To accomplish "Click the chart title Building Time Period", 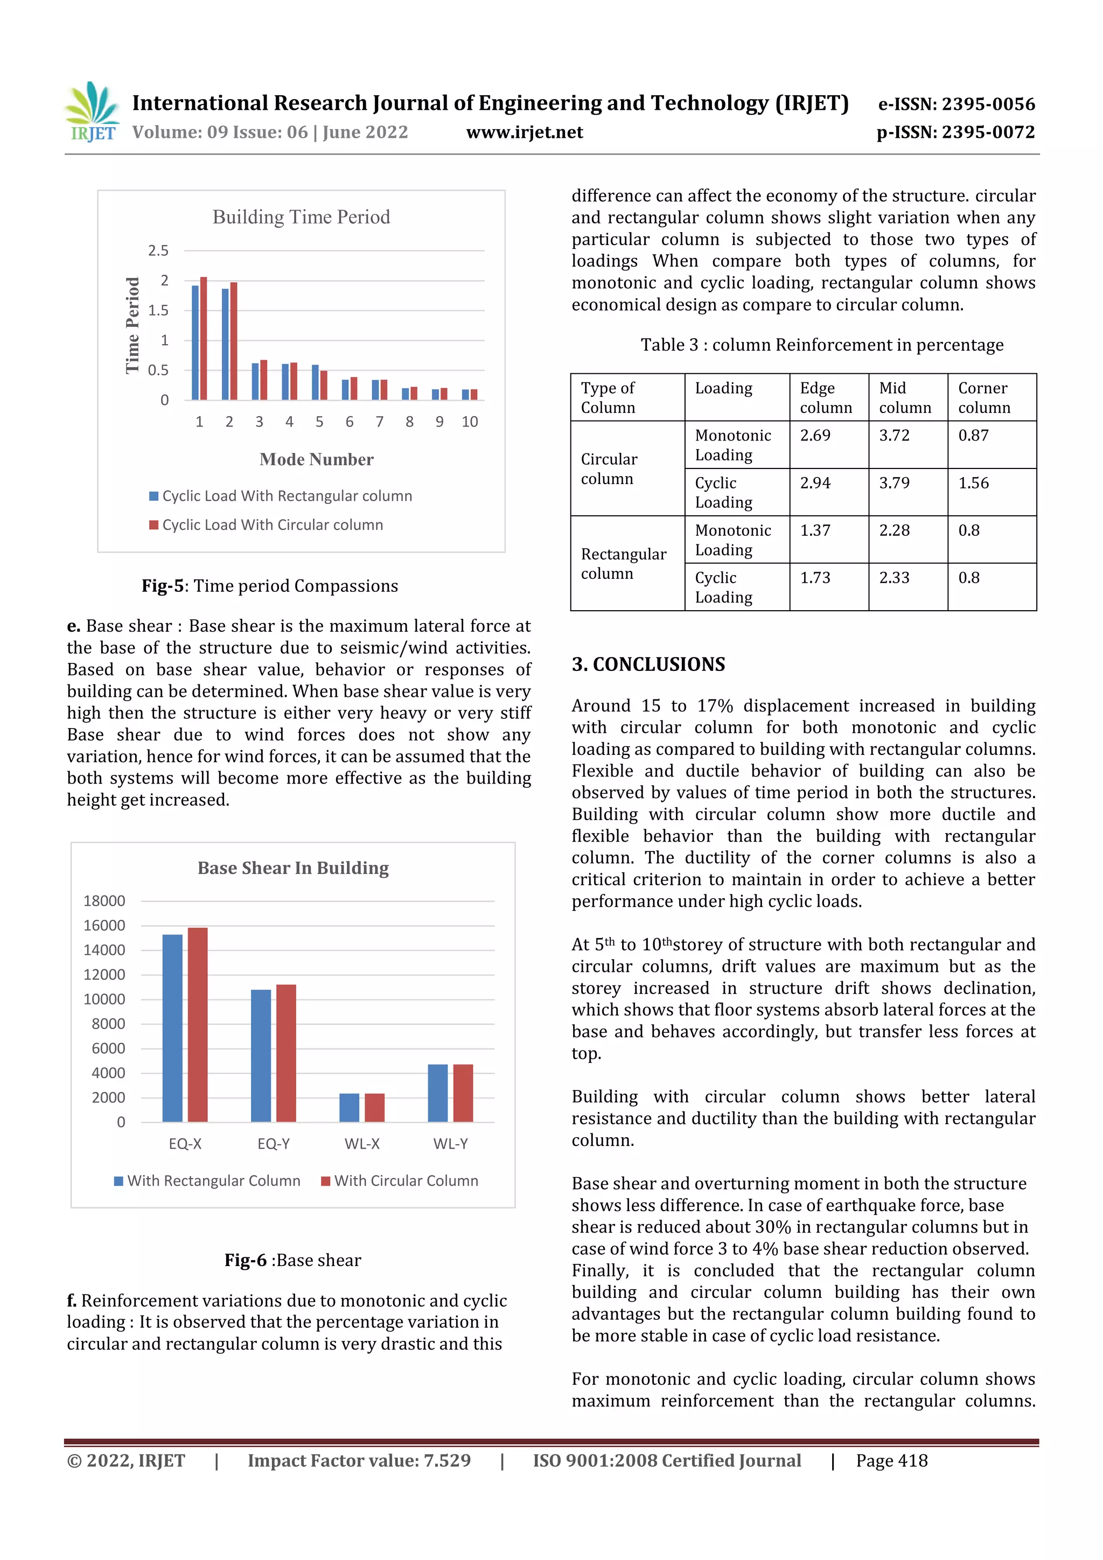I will tap(301, 217).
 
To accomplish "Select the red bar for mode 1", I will tap(203, 338).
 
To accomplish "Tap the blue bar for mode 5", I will tap(315, 382).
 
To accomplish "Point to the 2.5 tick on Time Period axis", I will tap(158, 251).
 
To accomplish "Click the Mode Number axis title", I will tap(316, 459).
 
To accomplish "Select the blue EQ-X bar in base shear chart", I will tap(173, 1027).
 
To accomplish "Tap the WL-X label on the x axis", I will tap(361, 1144).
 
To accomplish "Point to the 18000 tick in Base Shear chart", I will tap(104, 901).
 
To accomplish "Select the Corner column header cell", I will tap(983, 397).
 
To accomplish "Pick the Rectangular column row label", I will tap(623, 563).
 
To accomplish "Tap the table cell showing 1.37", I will tap(815, 530).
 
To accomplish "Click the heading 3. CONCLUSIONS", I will tap(648, 664).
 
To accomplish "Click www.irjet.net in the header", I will tap(524, 132).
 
